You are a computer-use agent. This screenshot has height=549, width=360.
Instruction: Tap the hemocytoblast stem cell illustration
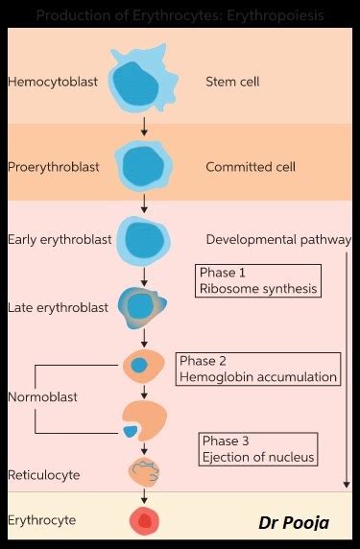tap(144, 84)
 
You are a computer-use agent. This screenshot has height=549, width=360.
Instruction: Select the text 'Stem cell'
tap(232, 82)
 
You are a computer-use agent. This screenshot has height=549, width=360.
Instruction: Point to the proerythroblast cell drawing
tap(144, 166)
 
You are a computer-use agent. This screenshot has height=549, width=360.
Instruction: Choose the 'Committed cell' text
tap(250, 167)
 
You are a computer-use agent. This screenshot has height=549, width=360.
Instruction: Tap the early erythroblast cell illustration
tap(144, 240)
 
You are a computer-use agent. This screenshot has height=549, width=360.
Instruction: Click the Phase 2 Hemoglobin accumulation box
tap(259, 369)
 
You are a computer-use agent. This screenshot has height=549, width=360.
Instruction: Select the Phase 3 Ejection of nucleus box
tap(257, 448)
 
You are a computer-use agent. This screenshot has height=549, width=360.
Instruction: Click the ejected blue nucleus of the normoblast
tap(130, 432)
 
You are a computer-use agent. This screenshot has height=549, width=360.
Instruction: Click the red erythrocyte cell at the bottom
tap(145, 521)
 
